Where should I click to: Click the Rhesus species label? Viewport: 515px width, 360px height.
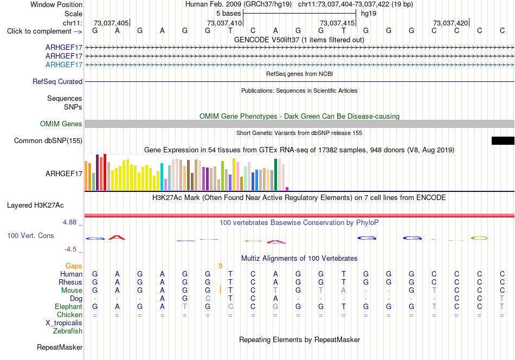coord(70,282)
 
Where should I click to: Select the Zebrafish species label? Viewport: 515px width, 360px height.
coord(68,331)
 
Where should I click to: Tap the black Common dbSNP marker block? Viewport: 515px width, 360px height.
coord(503,140)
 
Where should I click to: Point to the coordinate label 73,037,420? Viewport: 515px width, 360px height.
coord(450,23)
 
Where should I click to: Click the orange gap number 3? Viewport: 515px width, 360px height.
coord(220,266)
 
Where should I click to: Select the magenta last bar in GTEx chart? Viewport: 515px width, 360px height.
coord(287,189)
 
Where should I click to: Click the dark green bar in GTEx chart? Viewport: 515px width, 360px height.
coord(276,175)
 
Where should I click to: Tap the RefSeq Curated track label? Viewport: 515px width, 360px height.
coord(57,81)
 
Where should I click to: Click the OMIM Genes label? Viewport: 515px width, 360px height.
coord(61,124)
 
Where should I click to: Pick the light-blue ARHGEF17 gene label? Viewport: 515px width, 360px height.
coord(64,65)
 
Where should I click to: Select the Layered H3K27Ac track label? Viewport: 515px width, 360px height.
coord(35,205)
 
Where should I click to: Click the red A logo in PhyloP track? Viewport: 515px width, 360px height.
coord(117,237)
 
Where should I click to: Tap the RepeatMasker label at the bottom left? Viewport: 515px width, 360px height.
coord(60,347)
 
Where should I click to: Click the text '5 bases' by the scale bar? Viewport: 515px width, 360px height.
coord(228,14)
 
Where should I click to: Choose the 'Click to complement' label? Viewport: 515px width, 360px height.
coord(44,31)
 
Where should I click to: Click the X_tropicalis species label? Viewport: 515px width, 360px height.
coord(64,323)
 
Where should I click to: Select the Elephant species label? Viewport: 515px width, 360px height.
coord(69,306)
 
